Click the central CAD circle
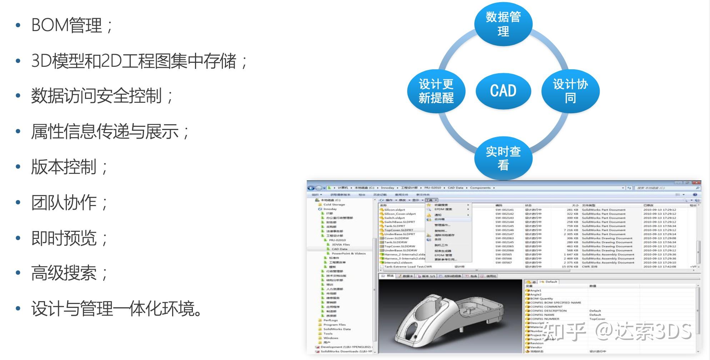point(503,91)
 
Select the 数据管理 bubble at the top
point(503,24)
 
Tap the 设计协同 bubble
point(570,91)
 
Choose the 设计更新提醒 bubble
point(436,91)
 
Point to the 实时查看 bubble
point(503,158)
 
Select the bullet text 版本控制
point(64,167)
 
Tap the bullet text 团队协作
point(64,202)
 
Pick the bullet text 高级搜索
point(64,273)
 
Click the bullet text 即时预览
point(64,238)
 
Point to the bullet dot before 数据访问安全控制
point(18,96)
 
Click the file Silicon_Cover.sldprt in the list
point(400,214)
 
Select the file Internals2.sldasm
point(398,262)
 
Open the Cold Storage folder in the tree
point(334,205)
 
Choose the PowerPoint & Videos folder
point(349,254)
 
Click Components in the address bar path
point(480,188)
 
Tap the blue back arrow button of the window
point(311,188)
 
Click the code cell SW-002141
point(504,210)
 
